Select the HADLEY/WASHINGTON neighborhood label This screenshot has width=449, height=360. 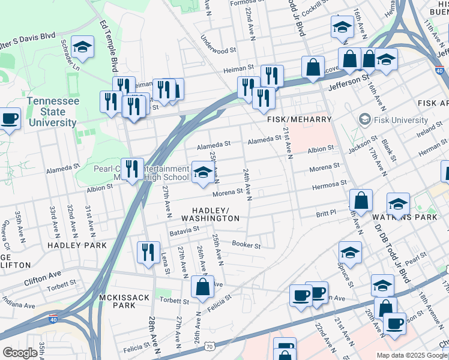pos(215,214)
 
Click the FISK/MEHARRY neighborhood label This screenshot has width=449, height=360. pos(299,120)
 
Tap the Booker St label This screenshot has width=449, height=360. pos(246,245)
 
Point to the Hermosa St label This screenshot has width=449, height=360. pos(329,184)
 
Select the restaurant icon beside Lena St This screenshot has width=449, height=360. pos(148,252)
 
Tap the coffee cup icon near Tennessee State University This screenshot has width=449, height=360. pos(10,118)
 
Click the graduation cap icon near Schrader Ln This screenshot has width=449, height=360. pos(82,47)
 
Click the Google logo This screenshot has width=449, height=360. pos(20,353)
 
